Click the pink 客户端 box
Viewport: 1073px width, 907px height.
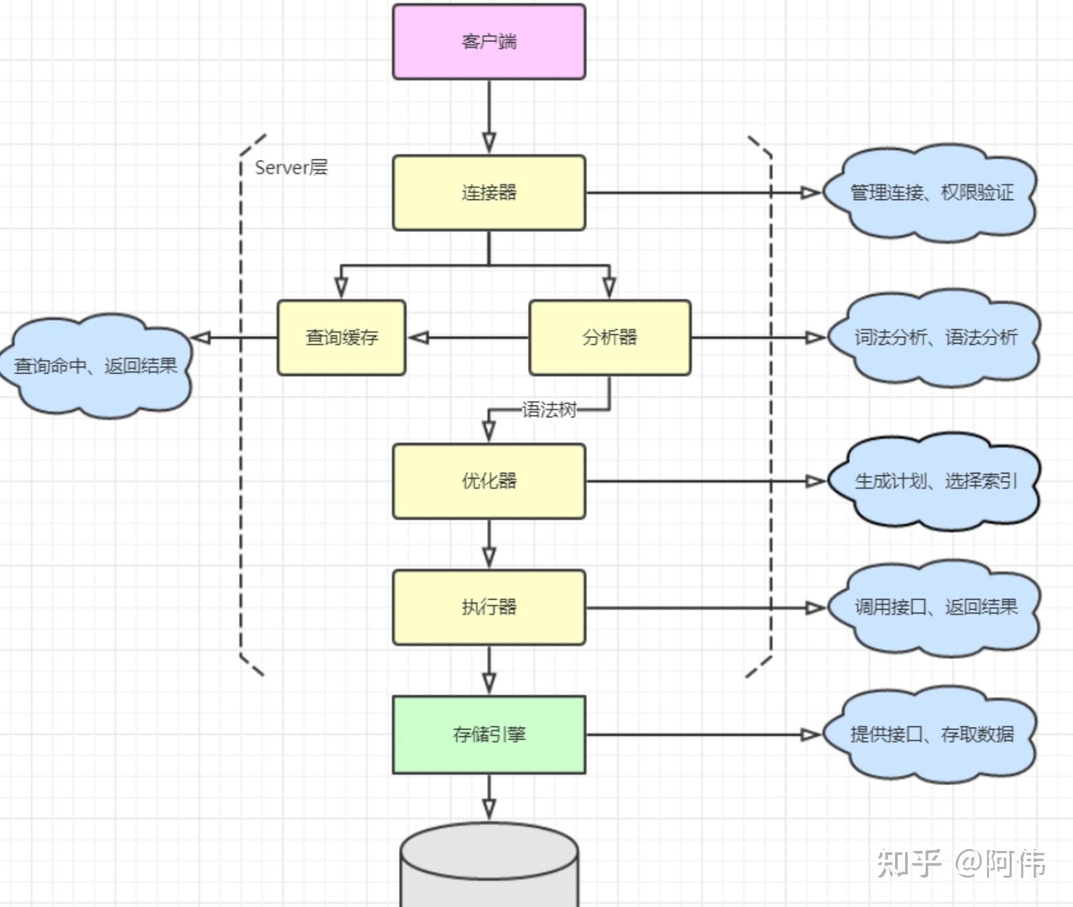(489, 42)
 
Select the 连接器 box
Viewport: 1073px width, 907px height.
(489, 193)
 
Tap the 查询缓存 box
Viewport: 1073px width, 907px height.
(341, 337)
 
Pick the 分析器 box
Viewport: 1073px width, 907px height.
(609, 337)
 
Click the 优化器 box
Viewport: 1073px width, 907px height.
(489, 481)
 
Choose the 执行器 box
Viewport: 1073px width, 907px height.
(489, 607)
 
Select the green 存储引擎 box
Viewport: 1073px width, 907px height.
(489, 734)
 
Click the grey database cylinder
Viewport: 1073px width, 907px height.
(489, 867)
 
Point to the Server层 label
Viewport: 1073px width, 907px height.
(291, 167)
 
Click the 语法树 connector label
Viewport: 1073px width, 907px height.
(548, 409)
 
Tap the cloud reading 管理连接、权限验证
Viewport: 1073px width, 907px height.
(931, 193)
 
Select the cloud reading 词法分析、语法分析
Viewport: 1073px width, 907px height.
(935, 337)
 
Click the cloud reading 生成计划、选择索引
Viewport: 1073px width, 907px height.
(935, 481)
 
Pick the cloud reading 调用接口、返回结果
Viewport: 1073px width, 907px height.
(935, 607)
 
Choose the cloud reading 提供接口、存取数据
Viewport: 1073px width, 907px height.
(931, 734)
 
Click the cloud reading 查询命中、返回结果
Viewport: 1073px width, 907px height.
(95, 365)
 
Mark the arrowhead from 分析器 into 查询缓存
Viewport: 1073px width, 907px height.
(419, 337)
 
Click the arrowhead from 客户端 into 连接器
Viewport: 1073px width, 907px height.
(489, 142)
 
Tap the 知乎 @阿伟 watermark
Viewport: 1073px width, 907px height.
(960, 863)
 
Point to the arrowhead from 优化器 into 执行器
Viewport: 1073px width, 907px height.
(489, 556)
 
